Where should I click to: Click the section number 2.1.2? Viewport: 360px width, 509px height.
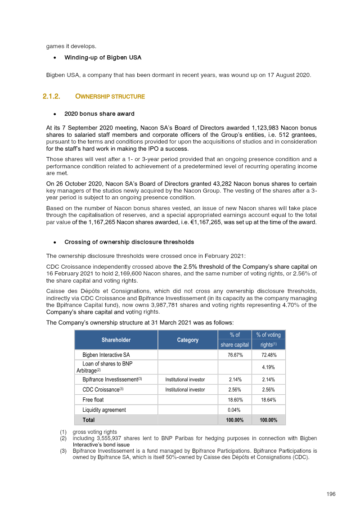51,96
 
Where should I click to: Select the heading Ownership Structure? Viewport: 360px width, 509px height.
110,96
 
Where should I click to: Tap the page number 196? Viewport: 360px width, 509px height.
331,494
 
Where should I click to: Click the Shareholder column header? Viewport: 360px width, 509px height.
116,340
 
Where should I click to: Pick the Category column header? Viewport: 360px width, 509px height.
188,340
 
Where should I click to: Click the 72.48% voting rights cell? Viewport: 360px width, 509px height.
269,355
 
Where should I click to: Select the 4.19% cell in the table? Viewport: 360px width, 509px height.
269,367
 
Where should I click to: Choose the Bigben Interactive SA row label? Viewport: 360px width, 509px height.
106,355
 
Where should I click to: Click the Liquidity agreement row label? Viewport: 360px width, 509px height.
104,410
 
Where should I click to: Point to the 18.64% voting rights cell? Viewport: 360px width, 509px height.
269,400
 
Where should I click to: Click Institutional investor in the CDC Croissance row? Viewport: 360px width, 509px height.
185,390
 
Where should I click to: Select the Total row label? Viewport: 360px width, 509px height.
89,420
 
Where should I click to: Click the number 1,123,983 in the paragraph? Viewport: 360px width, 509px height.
269,127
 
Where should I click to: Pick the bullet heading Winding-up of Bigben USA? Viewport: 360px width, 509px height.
103,58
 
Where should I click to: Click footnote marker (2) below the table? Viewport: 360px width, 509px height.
63,438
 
